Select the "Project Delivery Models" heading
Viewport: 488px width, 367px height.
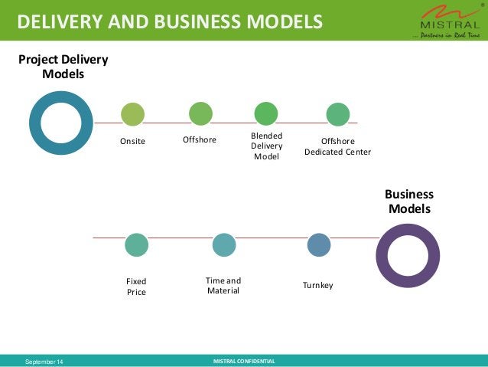[63, 67]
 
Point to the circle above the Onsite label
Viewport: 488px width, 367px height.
[132, 115]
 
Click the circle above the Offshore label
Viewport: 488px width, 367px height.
[200, 114]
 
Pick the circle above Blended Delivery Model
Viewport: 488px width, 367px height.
[266, 114]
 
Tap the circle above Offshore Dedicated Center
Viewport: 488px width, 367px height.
[337, 115]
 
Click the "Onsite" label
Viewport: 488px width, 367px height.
[132, 141]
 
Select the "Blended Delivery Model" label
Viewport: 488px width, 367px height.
[267, 146]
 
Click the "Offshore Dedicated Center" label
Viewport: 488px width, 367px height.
[337, 146]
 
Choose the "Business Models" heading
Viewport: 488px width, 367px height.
[409, 202]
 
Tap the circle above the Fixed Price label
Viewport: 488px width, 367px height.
[136, 245]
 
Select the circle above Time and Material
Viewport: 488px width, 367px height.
[223, 245]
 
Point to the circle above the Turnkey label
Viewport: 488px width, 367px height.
[318, 245]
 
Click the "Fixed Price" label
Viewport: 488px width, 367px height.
[136, 287]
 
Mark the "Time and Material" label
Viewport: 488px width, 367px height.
[223, 286]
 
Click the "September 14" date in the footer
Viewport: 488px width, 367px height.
[45, 361]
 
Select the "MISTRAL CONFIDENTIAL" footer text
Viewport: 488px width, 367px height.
[243, 361]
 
